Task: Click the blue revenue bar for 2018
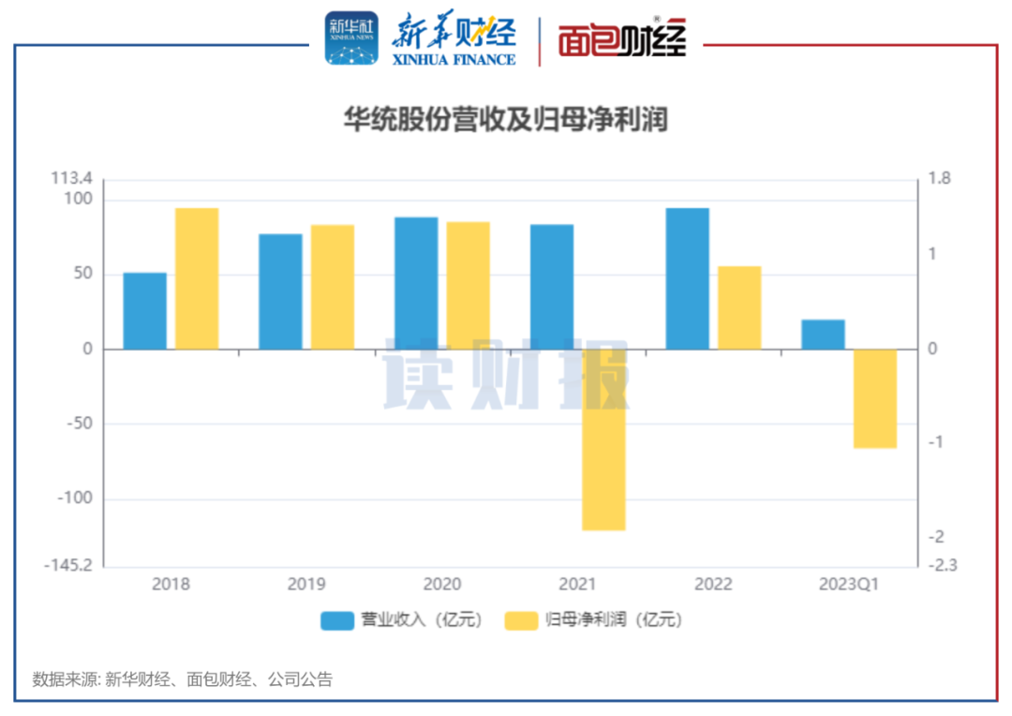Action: point(145,311)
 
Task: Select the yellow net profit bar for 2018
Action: point(197,278)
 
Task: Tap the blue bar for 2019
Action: point(280,291)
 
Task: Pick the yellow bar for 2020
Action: point(468,286)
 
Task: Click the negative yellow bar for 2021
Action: point(603,440)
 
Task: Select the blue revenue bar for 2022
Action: point(687,278)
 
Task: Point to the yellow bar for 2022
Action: point(739,307)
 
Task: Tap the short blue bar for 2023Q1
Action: point(823,335)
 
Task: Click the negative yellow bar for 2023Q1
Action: point(875,398)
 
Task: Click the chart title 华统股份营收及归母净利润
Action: point(505,121)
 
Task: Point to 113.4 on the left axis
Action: point(72,178)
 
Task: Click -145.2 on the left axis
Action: point(68,566)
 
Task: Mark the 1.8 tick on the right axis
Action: point(939,178)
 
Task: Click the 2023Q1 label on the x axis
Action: point(849,584)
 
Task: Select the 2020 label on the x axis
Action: point(442,584)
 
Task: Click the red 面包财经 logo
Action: point(622,40)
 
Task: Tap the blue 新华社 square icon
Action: point(351,38)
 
